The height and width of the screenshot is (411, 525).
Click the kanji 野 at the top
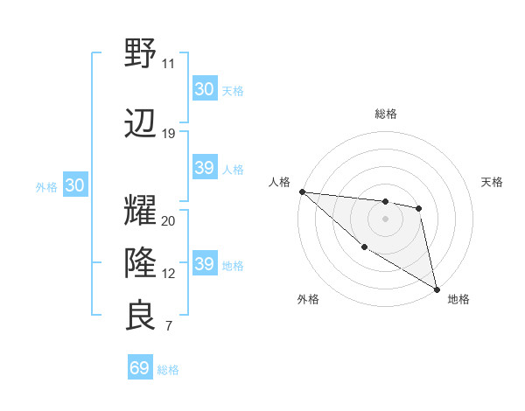[x=140, y=53]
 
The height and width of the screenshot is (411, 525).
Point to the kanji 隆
[x=140, y=261]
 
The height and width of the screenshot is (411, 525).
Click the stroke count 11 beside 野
[x=168, y=64]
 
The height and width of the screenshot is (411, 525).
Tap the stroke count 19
[x=168, y=134]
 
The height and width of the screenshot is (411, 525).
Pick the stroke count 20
[x=168, y=220]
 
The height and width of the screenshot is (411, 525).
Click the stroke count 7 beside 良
[x=168, y=326]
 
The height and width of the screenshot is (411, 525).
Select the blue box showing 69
[x=140, y=368]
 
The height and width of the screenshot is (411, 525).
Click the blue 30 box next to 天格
[x=205, y=89]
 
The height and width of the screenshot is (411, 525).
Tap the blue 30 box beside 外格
[x=74, y=185]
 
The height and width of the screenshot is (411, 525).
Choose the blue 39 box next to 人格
[x=205, y=168]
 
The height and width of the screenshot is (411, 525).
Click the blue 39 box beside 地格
[x=205, y=264]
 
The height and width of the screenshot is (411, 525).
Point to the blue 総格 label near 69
[x=168, y=370]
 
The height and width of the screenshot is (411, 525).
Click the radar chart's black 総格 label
[x=386, y=114]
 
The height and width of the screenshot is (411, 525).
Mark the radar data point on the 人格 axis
[x=302, y=192]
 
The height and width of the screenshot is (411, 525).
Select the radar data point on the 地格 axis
[x=437, y=289]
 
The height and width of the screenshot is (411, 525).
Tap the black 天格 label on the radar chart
[x=492, y=182]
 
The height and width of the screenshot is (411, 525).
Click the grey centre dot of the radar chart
[x=386, y=218]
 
